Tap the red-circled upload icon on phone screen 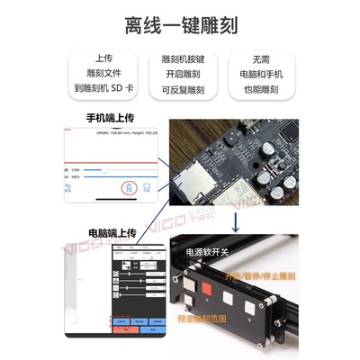click(x=128, y=187)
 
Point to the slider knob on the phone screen click(x=106, y=168)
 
